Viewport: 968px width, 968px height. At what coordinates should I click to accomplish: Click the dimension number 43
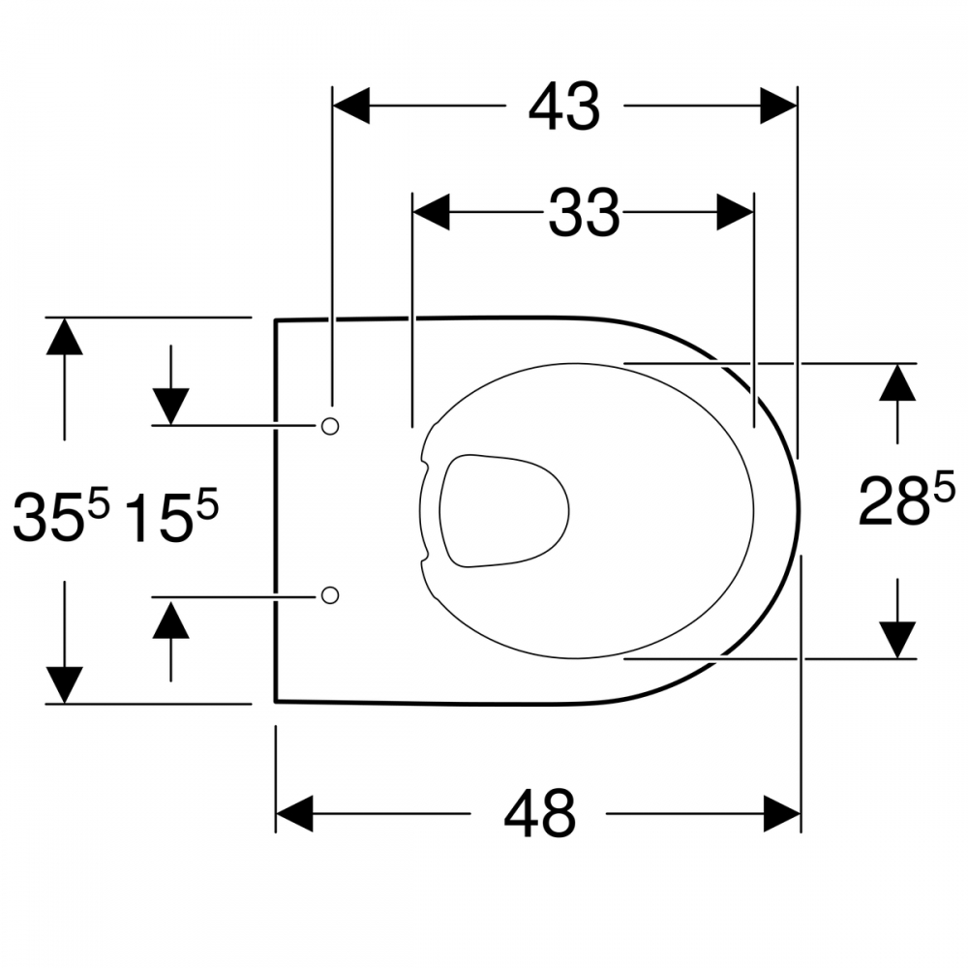564,106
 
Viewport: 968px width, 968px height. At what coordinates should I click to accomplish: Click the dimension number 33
584,213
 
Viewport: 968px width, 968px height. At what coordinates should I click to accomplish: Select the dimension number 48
539,814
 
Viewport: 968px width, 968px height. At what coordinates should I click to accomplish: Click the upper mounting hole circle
330,426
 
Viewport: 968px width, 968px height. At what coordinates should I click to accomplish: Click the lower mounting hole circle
330,595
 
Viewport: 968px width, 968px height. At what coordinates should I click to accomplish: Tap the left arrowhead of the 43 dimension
351,106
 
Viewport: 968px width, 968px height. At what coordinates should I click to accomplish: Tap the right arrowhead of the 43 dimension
778,106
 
